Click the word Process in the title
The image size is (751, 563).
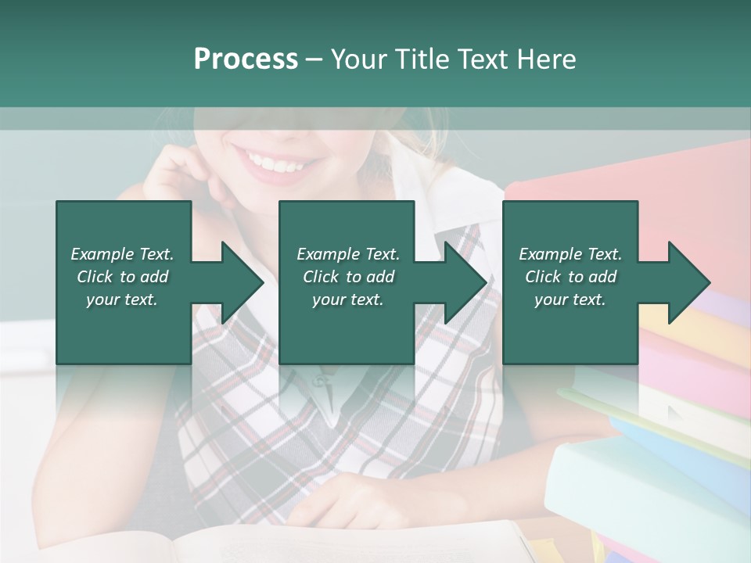[x=246, y=59]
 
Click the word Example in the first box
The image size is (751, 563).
[x=102, y=254]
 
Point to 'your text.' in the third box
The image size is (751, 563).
[x=570, y=299]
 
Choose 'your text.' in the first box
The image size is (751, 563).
[x=122, y=299]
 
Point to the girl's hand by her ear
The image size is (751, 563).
[x=176, y=168]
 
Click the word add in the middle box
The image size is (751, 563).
[x=380, y=277]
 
